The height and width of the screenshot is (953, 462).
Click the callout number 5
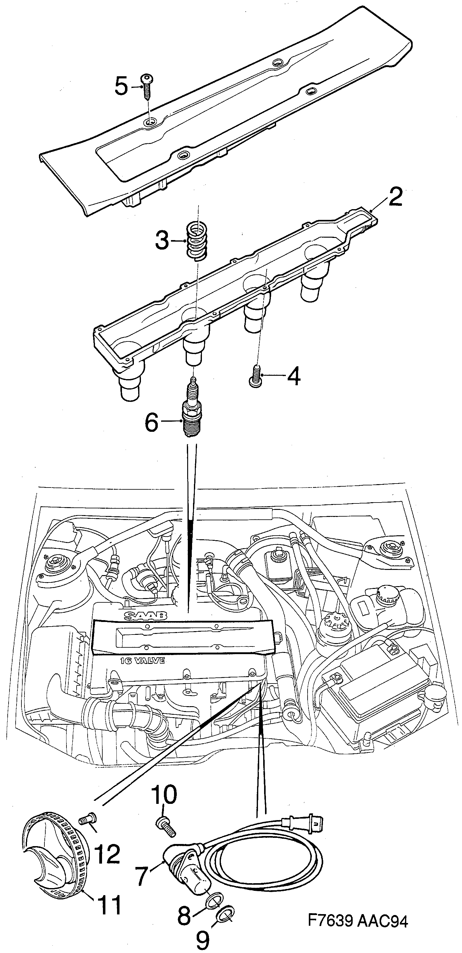[121, 87]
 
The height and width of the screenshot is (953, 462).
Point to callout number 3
[162, 241]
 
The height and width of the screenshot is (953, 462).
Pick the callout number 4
[293, 377]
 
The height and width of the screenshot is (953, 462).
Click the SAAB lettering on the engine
[145, 615]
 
